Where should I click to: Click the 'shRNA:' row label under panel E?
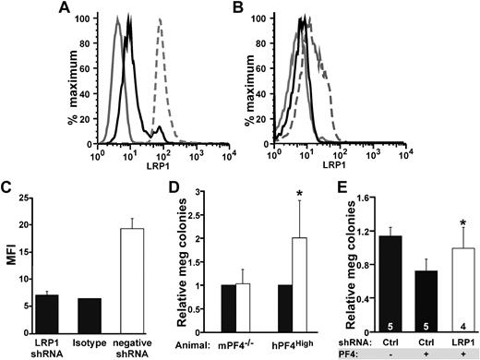[340, 339]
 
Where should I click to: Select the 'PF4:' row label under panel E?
[344, 352]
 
